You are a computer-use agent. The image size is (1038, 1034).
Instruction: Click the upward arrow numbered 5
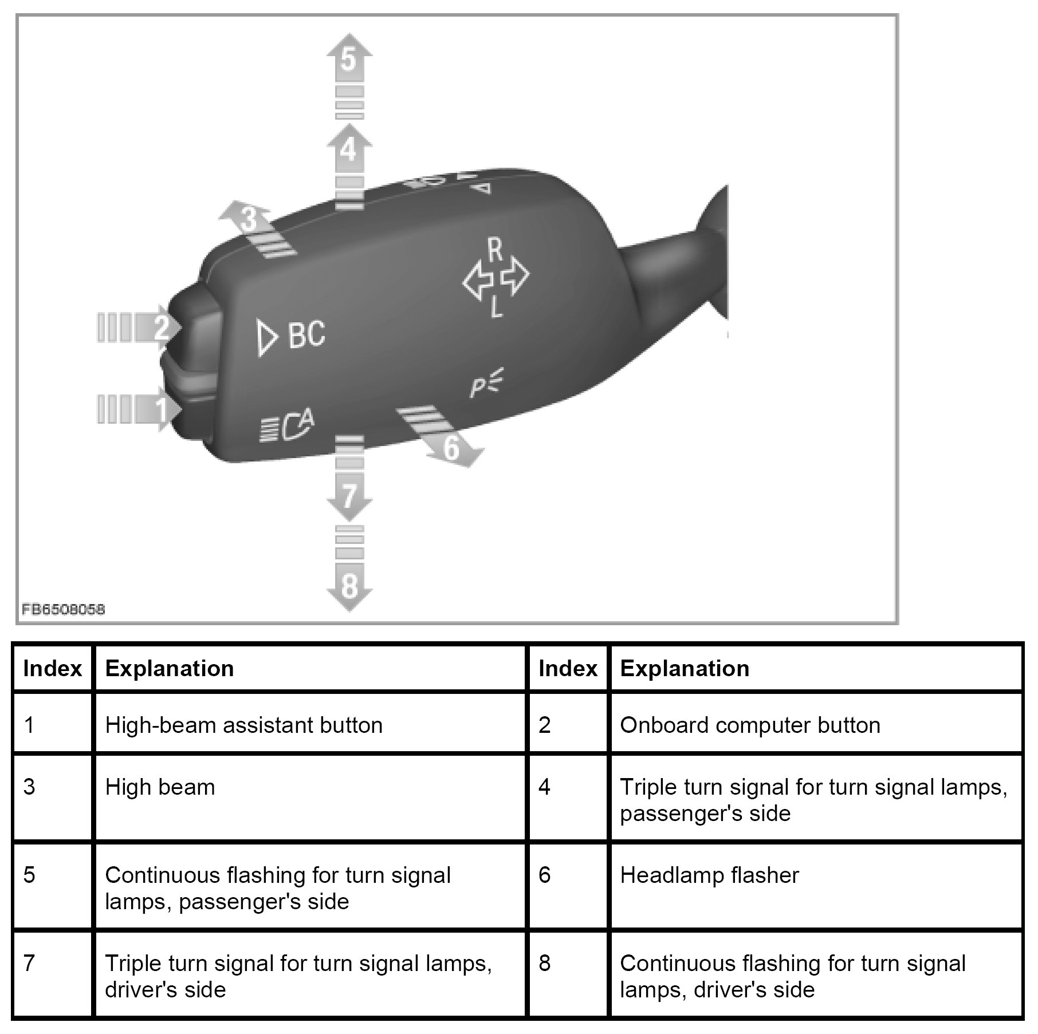point(349,60)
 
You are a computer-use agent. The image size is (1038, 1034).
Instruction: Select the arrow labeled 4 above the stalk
point(349,150)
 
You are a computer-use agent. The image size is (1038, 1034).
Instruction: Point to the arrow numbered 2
point(161,328)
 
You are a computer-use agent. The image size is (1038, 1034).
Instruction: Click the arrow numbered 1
point(161,410)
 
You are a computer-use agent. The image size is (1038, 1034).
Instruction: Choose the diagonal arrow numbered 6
point(451,447)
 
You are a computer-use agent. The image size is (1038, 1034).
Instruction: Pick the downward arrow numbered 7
point(349,496)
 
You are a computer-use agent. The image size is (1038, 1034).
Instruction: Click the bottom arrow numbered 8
point(349,586)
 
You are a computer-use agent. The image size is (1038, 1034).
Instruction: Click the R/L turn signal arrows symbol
point(496,278)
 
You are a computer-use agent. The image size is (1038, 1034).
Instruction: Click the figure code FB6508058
point(64,609)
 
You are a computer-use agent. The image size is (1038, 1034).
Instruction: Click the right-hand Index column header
point(568,669)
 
